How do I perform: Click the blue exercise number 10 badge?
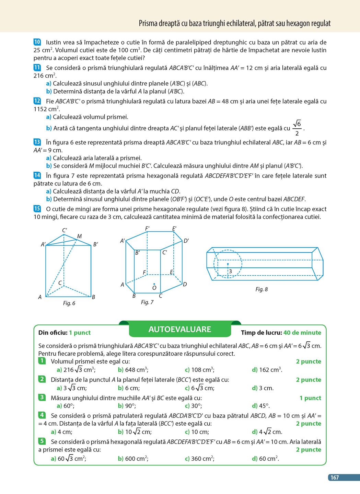click(x=37, y=42)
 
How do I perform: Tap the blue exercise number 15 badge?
click(x=37, y=209)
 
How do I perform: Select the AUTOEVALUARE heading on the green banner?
click(x=179, y=330)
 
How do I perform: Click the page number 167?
click(x=335, y=478)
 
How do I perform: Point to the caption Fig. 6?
click(x=69, y=303)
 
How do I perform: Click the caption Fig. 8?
click(x=262, y=289)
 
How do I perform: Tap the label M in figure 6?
click(x=80, y=236)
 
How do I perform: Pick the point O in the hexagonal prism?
click(x=154, y=284)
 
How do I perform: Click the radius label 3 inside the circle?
click(x=230, y=271)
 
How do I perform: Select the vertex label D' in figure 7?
click(x=186, y=241)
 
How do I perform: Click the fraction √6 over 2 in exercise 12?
click(x=297, y=128)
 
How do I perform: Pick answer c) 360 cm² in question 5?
click(x=200, y=459)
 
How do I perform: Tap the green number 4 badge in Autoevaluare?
click(x=42, y=415)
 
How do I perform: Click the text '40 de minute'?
click(x=302, y=333)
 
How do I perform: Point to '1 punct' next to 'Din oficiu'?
click(x=80, y=333)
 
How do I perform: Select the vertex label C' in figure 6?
click(x=65, y=230)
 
